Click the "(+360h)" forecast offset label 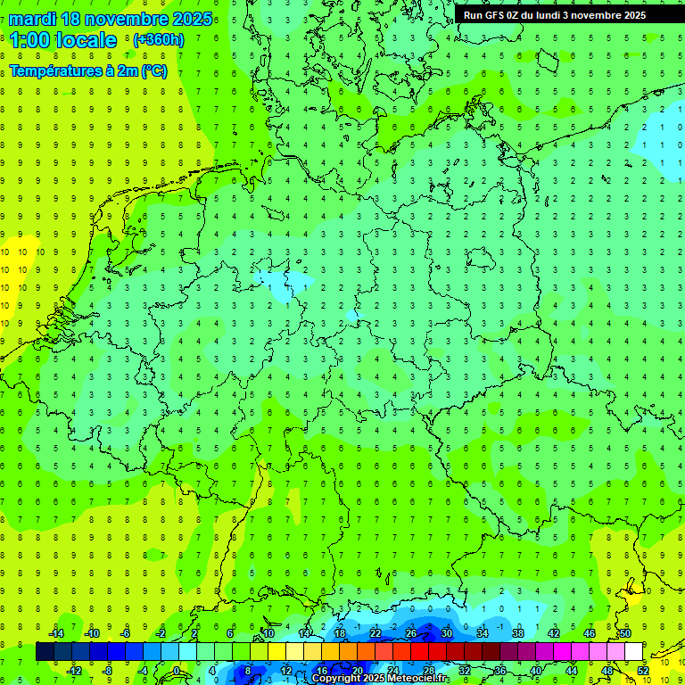(x=159, y=40)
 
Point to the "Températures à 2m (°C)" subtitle (x=88, y=71)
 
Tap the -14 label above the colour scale (x=57, y=633)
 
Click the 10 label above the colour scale (x=268, y=633)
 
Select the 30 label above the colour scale (x=446, y=633)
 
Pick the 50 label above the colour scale (x=624, y=633)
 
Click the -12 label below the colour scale (x=75, y=671)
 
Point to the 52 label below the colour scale (x=642, y=671)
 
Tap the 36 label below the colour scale (x=499, y=671)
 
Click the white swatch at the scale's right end (x=633, y=652)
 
